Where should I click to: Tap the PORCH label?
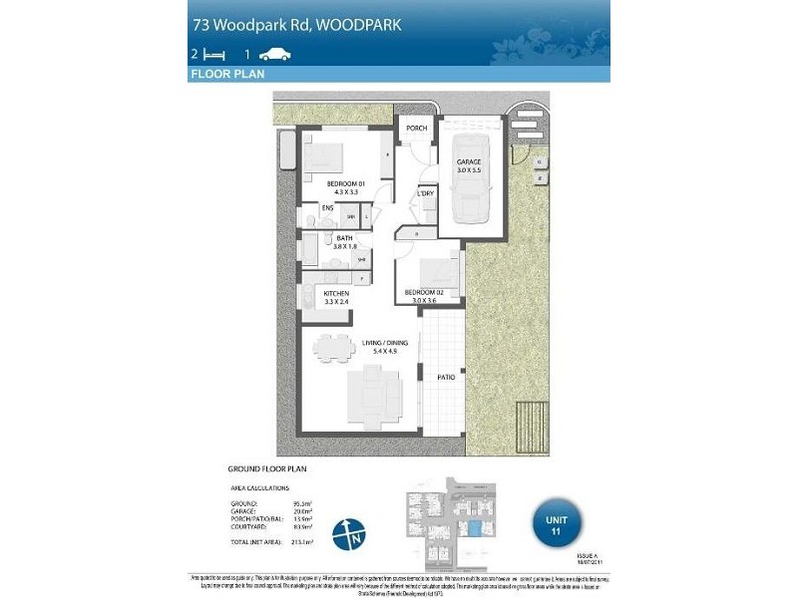point(416,128)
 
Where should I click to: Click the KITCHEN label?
point(336,294)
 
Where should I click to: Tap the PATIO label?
point(446,378)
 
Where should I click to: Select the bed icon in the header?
point(213,54)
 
